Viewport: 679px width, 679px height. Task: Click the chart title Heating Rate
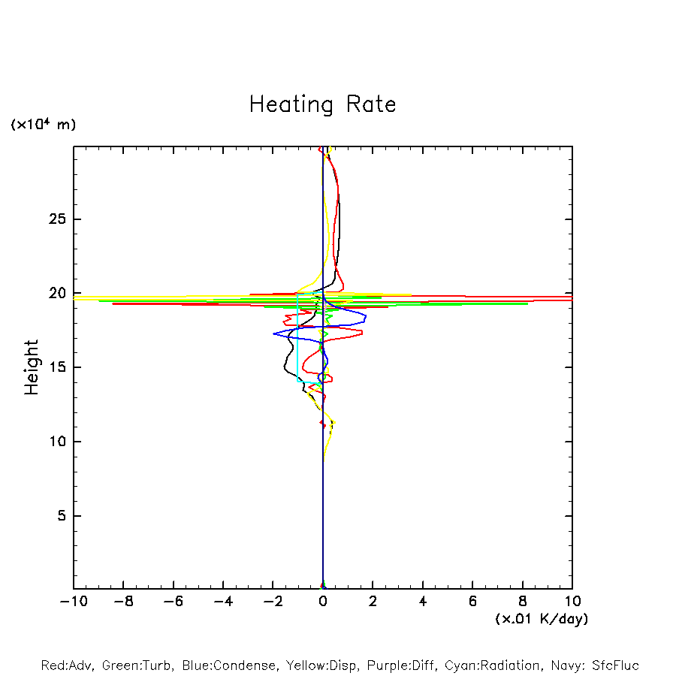coord(322,104)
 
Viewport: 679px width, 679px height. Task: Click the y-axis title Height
coord(32,367)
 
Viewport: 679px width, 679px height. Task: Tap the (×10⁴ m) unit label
coord(43,125)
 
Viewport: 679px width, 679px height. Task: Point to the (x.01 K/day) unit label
coord(542,619)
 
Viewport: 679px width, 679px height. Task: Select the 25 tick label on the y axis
coord(52,219)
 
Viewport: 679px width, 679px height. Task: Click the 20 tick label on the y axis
coord(52,293)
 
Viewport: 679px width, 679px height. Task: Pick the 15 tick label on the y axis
coord(52,367)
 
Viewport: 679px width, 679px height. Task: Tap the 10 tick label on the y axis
coord(52,442)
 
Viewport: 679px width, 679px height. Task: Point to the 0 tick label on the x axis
coord(323,602)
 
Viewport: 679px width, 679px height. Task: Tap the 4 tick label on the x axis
coord(423,602)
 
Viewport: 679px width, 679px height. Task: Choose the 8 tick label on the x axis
coord(523,602)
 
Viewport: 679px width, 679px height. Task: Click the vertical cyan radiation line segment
coord(298,338)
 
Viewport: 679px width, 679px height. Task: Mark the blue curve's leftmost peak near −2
coord(274,333)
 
